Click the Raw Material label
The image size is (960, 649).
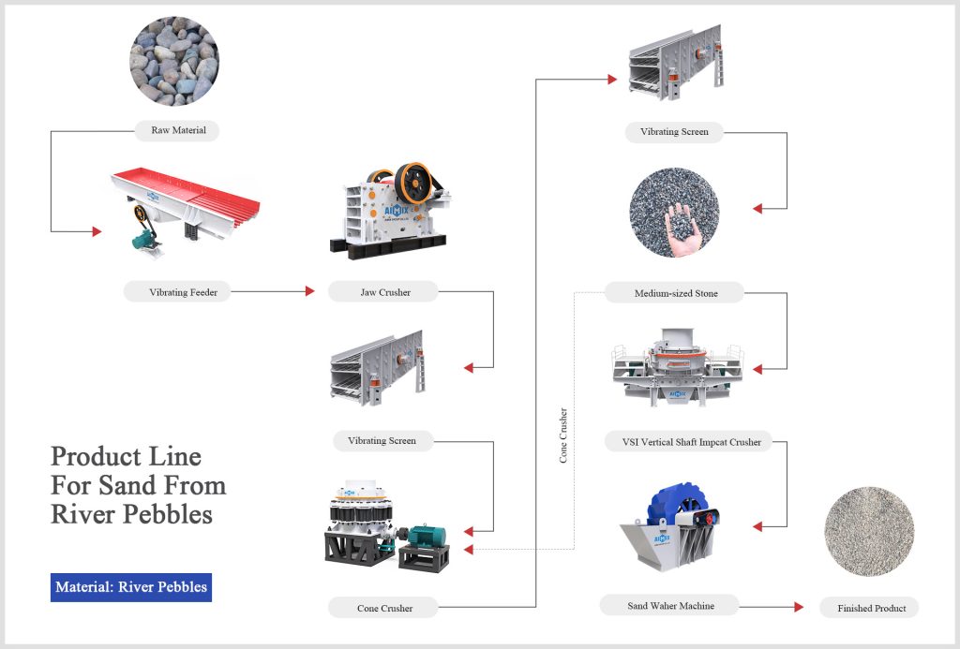178,130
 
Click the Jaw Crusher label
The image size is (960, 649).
385,292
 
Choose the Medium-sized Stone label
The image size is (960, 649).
675,293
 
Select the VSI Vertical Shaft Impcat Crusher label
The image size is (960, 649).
684,441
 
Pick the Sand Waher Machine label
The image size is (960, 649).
670,606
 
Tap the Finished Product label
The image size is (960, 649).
871,608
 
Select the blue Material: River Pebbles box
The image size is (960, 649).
131,587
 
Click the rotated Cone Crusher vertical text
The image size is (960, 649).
563,435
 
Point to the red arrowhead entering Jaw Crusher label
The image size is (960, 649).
310,291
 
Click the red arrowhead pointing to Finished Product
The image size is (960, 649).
798,607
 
